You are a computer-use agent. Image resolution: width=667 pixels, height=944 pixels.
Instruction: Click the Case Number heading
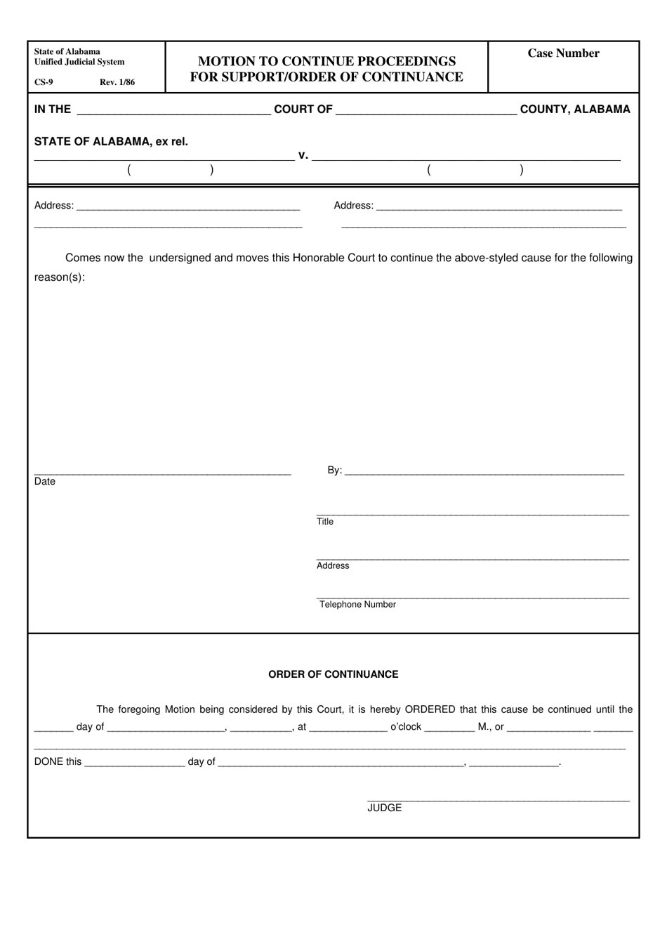(563, 53)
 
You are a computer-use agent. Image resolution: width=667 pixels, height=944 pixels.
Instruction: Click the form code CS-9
(44, 82)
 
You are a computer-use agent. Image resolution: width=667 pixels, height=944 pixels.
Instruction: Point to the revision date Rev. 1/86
(117, 82)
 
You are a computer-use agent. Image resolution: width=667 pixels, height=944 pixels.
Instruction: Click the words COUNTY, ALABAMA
(575, 109)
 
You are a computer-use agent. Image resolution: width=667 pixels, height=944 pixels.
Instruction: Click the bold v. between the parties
(303, 155)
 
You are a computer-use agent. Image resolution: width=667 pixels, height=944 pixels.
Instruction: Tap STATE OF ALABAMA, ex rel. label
(111, 141)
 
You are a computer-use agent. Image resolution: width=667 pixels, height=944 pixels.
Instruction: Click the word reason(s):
(60, 277)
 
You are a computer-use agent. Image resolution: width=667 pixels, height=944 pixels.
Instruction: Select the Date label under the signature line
(44, 482)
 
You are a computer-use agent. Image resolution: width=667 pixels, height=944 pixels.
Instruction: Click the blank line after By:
(484, 473)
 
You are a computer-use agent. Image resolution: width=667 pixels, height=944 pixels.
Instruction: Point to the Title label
(325, 522)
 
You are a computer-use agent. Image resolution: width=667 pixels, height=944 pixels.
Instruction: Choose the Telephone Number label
(357, 605)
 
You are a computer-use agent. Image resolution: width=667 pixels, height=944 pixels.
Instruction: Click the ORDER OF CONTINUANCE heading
(333, 674)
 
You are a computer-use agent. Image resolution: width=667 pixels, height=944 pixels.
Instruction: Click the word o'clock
(406, 727)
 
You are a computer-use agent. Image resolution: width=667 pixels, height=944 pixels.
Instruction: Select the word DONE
(48, 762)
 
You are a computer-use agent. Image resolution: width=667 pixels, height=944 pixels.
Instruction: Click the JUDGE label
(385, 808)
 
